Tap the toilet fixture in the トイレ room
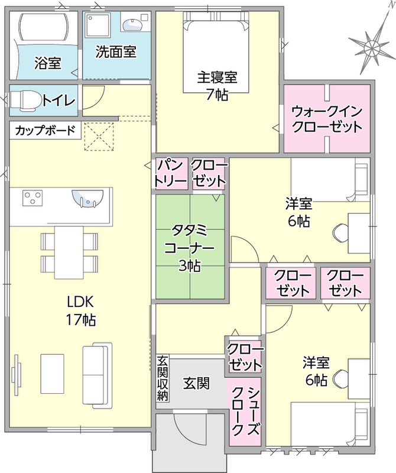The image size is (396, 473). [26, 100]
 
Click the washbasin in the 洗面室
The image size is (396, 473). [132, 24]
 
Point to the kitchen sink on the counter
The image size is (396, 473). [87, 199]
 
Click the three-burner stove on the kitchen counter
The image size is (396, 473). [33, 197]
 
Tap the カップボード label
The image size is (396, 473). [45, 131]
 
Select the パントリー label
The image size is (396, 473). [171, 173]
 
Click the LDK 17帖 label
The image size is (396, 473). [81, 311]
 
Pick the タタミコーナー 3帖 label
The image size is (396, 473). [189, 248]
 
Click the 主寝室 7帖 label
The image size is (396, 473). [217, 86]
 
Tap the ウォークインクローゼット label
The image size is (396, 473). [327, 119]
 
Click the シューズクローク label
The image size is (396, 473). [245, 410]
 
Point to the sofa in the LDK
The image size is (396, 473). [95, 377]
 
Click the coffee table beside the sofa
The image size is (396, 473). [53, 374]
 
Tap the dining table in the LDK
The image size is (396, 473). [69, 252]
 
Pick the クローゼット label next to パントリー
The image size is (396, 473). [209, 173]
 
